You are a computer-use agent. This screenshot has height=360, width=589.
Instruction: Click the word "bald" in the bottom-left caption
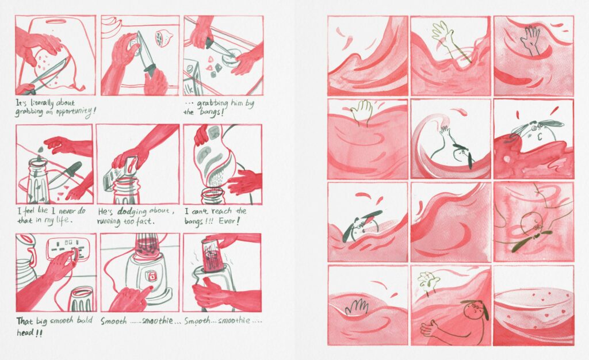tap(85, 321)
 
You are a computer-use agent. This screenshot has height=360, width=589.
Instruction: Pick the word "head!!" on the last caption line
tap(29, 333)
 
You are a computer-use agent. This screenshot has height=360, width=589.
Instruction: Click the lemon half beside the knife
tap(163, 37)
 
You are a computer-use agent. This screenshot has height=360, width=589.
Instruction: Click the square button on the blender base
tap(152, 277)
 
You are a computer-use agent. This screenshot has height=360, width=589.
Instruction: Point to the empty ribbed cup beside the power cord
tap(82, 299)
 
